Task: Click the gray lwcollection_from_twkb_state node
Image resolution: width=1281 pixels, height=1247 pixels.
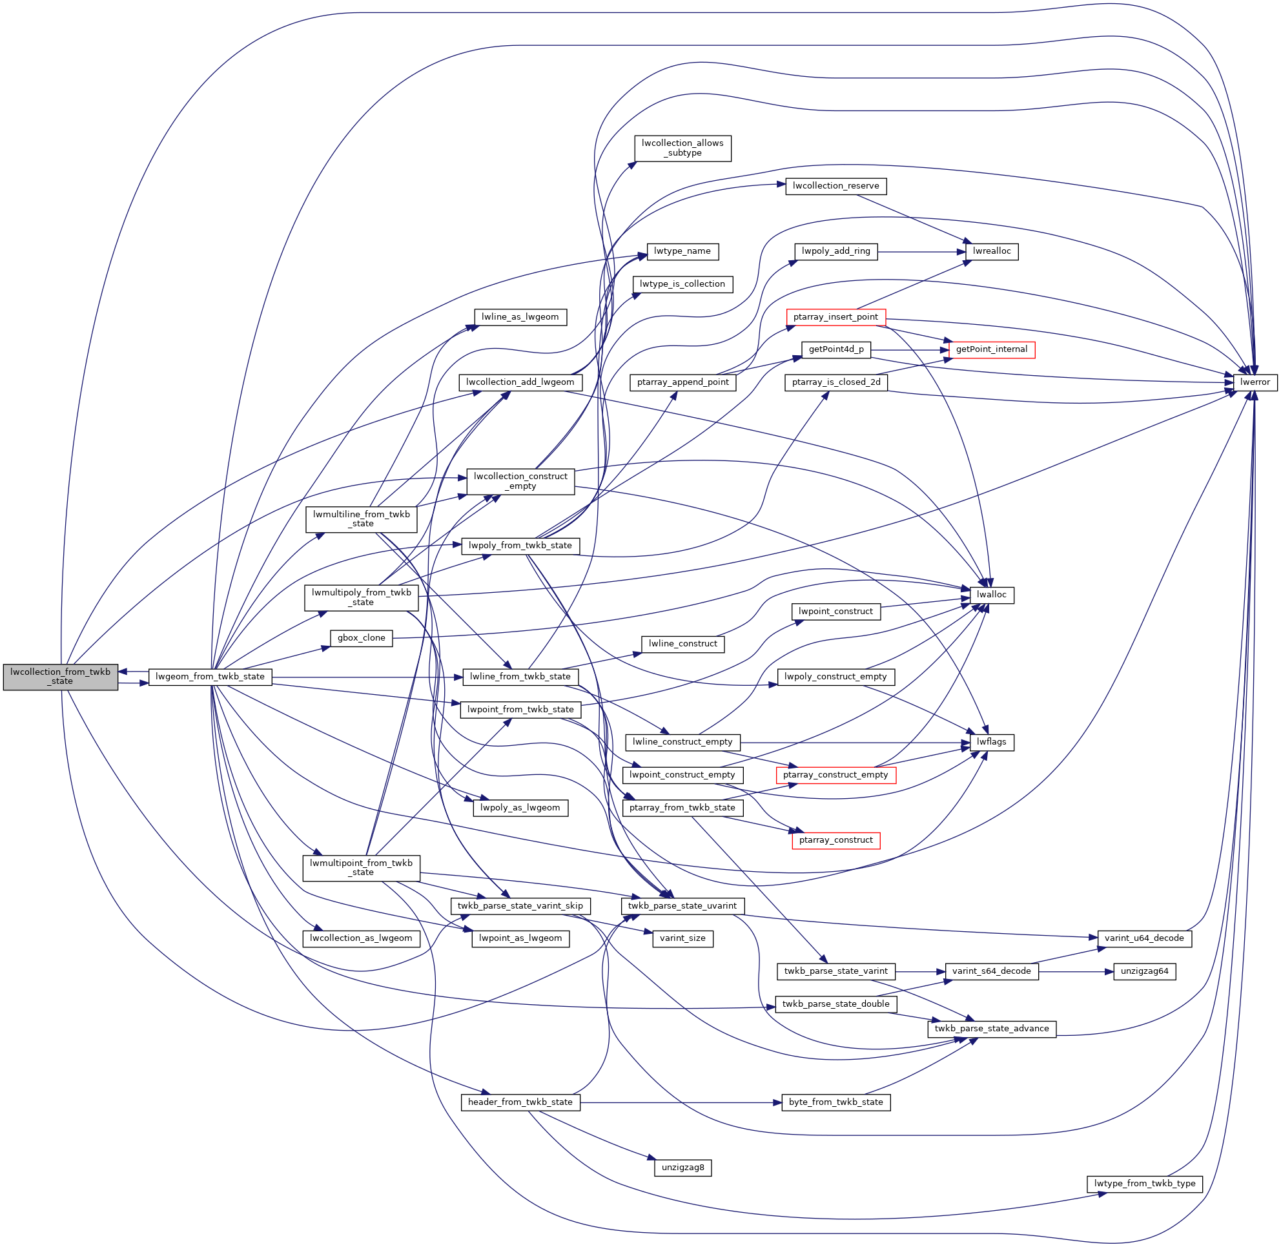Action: (x=60, y=677)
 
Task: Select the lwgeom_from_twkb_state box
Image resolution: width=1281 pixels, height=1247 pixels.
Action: (x=210, y=677)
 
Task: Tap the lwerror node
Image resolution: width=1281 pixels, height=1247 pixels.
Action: (x=1254, y=382)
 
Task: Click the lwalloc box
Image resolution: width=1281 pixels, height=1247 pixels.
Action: (x=991, y=595)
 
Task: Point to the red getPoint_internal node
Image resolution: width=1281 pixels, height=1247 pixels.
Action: (x=991, y=350)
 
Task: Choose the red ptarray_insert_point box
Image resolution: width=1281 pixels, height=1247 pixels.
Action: (x=835, y=317)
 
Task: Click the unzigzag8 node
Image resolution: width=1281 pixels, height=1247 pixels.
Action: (x=682, y=1168)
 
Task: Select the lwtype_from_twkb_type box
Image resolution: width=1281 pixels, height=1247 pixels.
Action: (x=1144, y=1184)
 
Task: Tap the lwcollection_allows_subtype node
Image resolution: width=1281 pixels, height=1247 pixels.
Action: (x=682, y=148)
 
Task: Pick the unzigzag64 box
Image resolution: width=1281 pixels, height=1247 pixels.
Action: (x=1144, y=971)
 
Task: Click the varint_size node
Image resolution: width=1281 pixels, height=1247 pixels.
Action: (x=682, y=938)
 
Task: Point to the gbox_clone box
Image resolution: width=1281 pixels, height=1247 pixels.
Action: (x=361, y=638)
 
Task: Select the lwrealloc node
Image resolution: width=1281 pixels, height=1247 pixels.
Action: (x=991, y=251)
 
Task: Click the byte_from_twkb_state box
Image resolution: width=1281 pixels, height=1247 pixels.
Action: (x=835, y=1102)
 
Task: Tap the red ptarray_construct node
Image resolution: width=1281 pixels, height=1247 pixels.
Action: (x=835, y=840)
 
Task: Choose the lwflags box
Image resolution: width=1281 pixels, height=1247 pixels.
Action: (x=991, y=742)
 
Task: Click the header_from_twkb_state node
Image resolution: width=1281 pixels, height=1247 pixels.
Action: (x=520, y=1102)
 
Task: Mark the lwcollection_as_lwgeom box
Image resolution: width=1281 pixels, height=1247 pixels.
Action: (x=361, y=938)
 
